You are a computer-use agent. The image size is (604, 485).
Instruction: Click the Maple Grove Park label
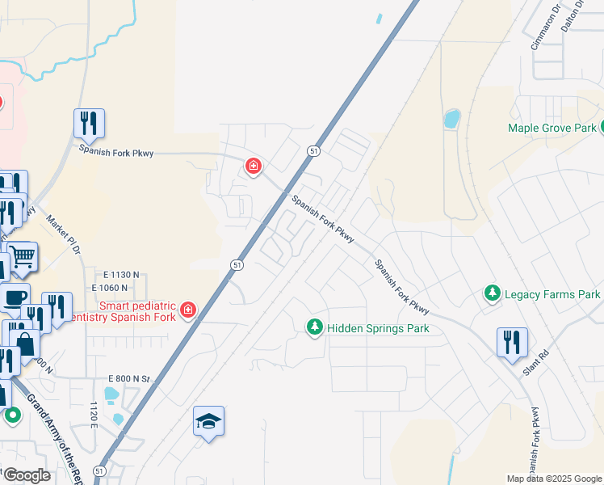(552, 128)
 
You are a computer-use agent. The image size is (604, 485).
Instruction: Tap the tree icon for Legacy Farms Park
(492, 294)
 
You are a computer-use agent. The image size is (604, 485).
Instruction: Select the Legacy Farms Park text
(552, 294)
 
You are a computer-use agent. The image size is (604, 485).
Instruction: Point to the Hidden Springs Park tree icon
(314, 327)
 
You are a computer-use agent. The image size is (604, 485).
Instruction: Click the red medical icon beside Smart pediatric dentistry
(188, 310)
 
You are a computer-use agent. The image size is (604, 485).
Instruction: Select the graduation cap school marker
(209, 421)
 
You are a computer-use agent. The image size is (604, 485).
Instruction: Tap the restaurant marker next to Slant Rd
(512, 343)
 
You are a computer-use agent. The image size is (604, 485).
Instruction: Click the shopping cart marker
(23, 257)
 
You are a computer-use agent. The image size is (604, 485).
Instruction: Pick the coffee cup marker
(15, 297)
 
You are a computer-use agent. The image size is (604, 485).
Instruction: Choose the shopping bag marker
(25, 344)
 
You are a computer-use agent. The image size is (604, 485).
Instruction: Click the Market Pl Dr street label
(64, 234)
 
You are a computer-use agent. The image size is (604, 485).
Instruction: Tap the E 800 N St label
(129, 378)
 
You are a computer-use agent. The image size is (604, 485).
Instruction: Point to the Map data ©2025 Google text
(553, 479)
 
